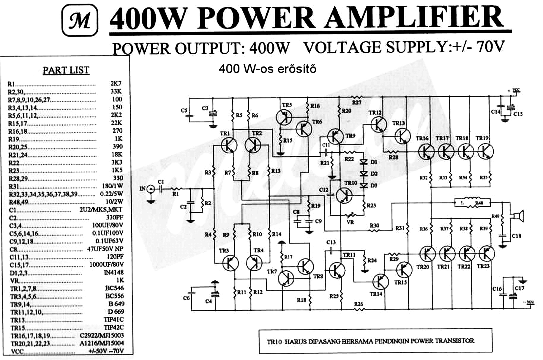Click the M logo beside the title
click(x=80, y=20)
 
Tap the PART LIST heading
click(x=66, y=70)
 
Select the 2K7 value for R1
click(x=116, y=83)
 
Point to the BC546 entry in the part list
click(x=114, y=288)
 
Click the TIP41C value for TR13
click(x=113, y=320)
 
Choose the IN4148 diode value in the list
click(x=114, y=272)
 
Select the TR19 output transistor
click(x=485, y=151)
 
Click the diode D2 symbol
click(x=364, y=173)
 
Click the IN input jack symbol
click(x=151, y=189)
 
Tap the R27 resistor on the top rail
click(x=356, y=97)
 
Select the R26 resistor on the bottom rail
click(x=359, y=309)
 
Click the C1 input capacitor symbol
click(x=161, y=189)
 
